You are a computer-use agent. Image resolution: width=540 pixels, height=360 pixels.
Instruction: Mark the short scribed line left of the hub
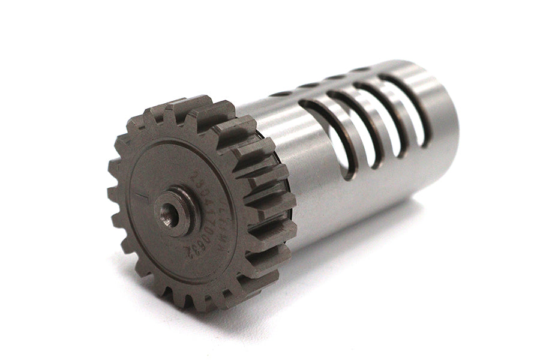pos(139,196)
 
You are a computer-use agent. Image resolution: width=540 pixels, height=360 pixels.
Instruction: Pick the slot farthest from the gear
pos(414,108)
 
